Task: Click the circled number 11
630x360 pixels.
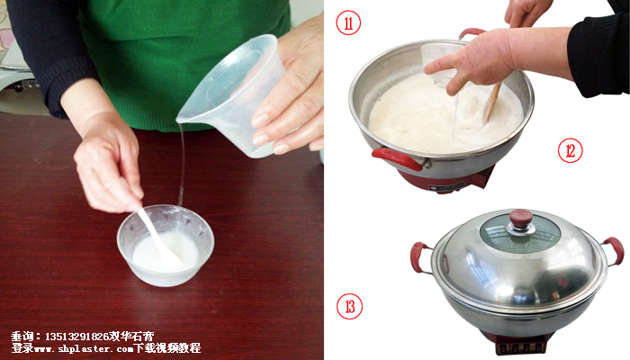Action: point(348,22)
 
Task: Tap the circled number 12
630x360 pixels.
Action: point(570,150)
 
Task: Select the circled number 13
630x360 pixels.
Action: point(349,307)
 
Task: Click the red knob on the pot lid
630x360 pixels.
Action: point(521,219)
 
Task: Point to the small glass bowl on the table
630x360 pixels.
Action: point(165,245)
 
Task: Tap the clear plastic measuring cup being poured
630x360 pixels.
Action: point(229,94)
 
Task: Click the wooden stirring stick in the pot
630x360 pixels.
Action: point(492,102)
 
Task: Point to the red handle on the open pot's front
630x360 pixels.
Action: point(397,158)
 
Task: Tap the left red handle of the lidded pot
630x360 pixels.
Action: point(420,257)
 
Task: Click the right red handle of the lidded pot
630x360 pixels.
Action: point(613,251)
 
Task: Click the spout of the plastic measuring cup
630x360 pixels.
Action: point(182,120)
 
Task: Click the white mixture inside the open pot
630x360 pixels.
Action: point(442,116)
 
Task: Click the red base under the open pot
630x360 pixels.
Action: point(446,180)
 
